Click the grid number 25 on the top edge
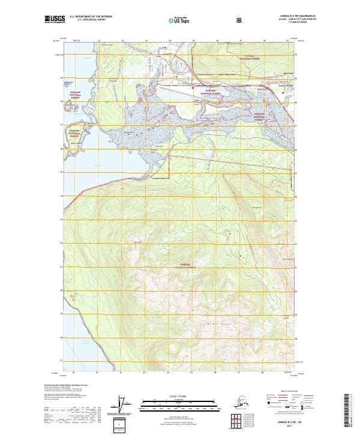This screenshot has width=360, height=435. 193,41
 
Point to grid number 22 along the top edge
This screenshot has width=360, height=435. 122,41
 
